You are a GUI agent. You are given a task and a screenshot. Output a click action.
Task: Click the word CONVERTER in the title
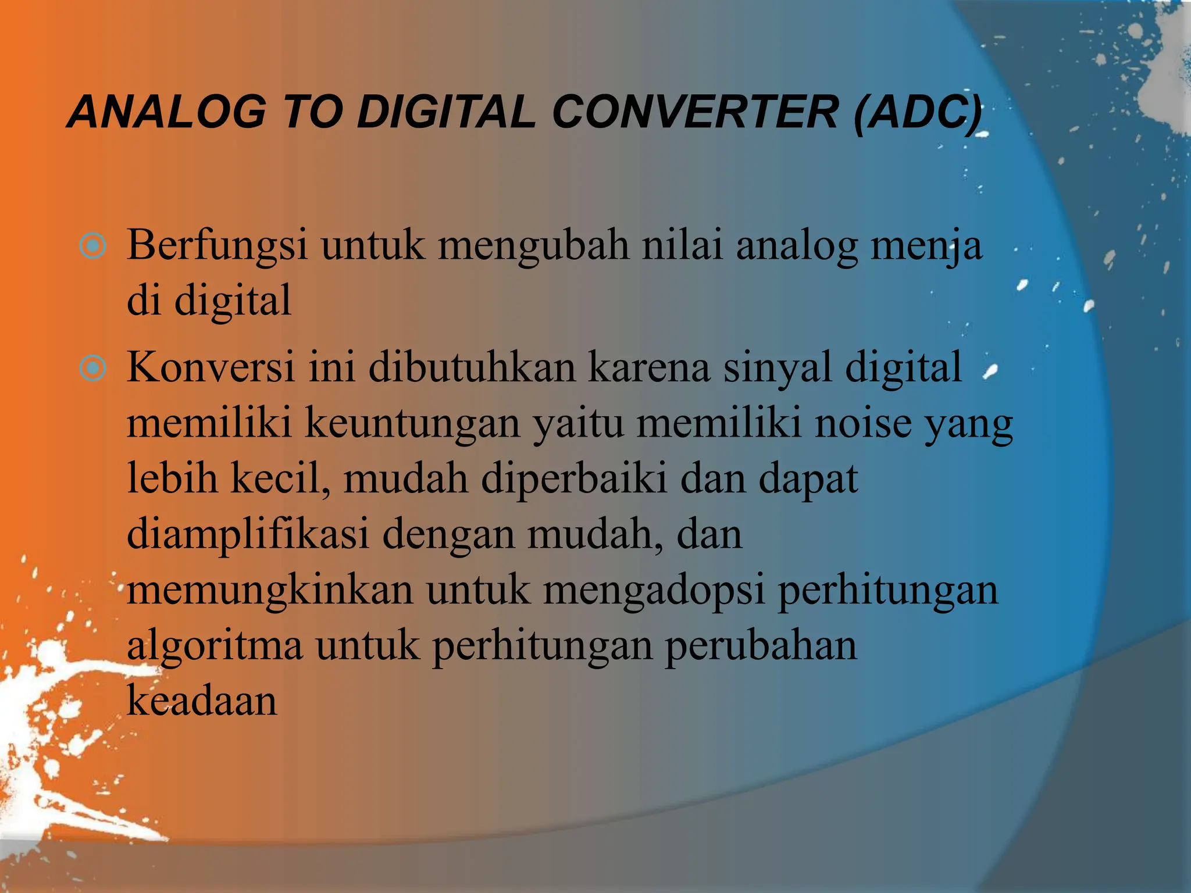click(695, 112)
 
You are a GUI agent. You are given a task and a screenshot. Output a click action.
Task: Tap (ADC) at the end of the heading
click(918, 112)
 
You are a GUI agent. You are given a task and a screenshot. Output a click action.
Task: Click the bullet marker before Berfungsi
click(92, 247)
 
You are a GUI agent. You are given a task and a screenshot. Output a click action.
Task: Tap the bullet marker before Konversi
click(92, 368)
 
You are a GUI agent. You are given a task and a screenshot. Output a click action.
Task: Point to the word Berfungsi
click(217, 247)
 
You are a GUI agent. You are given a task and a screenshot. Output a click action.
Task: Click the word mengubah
click(533, 247)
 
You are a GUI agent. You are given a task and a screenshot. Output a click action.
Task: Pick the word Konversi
click(211, 367)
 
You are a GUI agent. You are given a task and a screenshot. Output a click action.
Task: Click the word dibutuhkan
click(472, 367)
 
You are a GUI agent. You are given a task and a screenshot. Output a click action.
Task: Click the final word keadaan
click(202, 701)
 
